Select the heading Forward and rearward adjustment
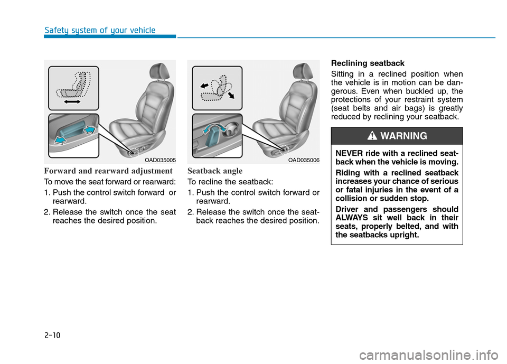[108, 171]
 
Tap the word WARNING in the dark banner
[403, 136]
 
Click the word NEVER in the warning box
[348, 153]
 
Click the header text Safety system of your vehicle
[100, 30]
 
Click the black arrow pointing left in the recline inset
[204, 83]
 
